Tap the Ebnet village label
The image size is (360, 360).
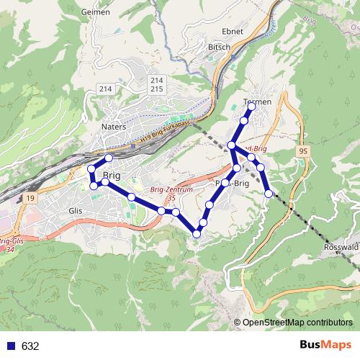click(234, 32)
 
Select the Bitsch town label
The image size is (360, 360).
click(219, 47)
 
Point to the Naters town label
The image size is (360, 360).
click(114, 126)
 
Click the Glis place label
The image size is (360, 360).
click(75, 210)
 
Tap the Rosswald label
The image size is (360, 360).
click(342, 246)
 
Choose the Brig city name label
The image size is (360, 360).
click(112, 175)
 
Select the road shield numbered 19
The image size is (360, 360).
click(29, 197)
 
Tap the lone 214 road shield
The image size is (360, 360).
click(107, 88)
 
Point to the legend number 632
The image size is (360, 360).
click(30, 346)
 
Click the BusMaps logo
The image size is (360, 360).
click(325, 345)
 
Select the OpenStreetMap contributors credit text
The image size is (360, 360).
click(297, 323)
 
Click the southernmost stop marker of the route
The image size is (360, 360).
click(197, 233)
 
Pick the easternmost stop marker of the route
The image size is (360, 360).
click(269, 193)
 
